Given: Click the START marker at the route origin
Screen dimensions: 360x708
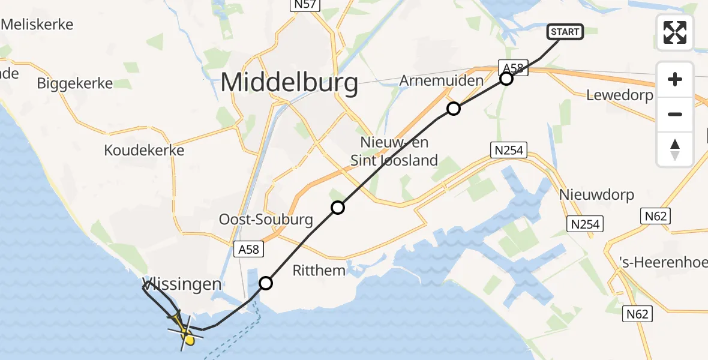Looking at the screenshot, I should pyautogui.click(x=565, y=32).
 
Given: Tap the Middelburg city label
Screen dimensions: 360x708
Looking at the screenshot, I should pyautogui.click(x=290, y=83).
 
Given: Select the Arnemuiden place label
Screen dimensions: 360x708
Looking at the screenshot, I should pyautogui.click(x=441, y=80).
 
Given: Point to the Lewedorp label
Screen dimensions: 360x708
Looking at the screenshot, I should pyautogui.click(x=620, y=95).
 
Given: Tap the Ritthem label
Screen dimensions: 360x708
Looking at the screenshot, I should pyautogui.click(x=319, y=271).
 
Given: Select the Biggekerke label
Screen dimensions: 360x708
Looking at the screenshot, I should pyautogui.click(x=75, y=83).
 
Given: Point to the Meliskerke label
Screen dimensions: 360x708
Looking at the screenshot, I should pyautogui.click(x=37, y=25).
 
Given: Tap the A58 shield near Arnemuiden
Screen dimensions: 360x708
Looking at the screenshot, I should pyautogui.click(x=514, y=68).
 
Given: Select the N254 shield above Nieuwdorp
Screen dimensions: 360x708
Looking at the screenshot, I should pyautogui.click(x=509, y=150).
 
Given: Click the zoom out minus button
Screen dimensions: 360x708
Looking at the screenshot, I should pyautogui.click(x=675, y=114).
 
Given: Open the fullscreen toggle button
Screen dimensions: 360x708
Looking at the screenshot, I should pyautogui.click(x=675, y=32).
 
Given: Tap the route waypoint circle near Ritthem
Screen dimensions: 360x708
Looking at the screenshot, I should pyautogui.click(x=266, y=283).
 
